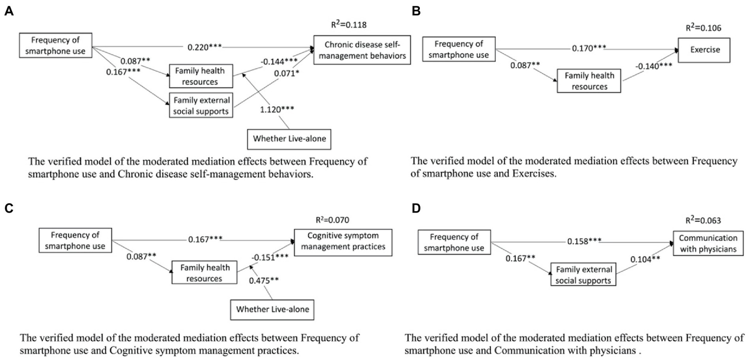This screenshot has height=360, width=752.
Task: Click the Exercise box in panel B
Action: click(x=702, y=49)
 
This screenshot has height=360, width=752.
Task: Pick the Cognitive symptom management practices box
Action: click(x=343, y=240)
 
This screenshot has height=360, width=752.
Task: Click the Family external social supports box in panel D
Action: click(x=583, y=275)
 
